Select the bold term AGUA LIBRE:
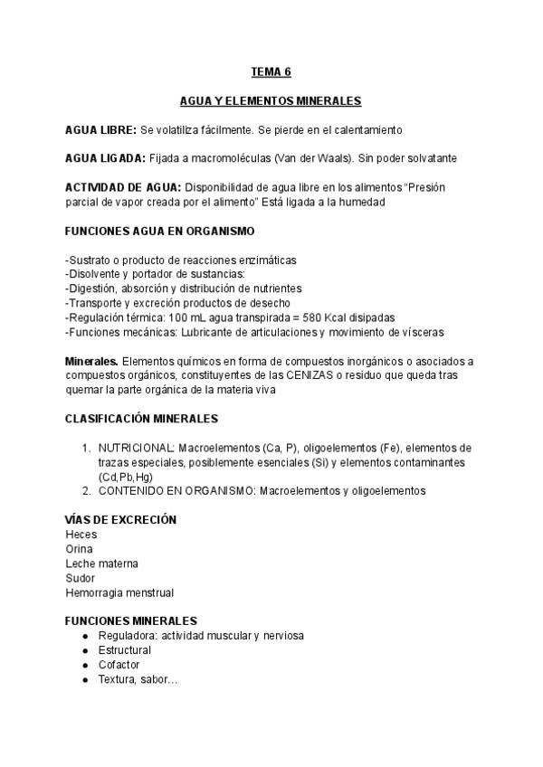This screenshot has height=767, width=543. tap(101, 130)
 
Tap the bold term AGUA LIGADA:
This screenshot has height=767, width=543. tap(105, 158)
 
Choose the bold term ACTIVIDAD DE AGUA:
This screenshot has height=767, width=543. tap(123, 188)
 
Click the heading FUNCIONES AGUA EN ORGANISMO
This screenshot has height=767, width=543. tap(160, 232)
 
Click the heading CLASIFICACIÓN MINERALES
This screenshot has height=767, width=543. tap(142, 419)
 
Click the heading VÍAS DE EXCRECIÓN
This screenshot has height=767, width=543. tap(120, 520)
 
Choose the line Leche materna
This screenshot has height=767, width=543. tap(102, 563)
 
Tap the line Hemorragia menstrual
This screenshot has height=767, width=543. tap(119, 592)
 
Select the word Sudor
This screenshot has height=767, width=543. tap(81, 578)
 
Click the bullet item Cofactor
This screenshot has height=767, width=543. tap(119, 665)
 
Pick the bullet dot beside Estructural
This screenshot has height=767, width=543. tap(85, 650)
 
